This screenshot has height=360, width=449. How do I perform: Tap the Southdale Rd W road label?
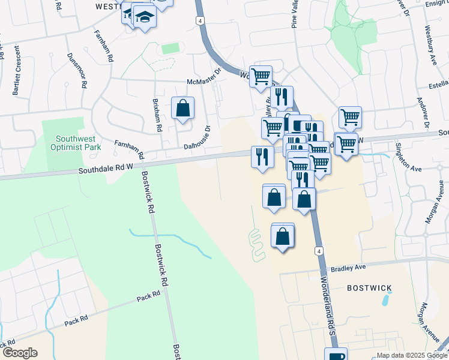(106, 169)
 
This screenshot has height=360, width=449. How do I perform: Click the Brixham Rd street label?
(158, 114)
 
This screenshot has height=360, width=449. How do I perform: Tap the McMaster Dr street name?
(204, 82)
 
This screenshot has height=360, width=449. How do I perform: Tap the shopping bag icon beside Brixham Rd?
(183, 109)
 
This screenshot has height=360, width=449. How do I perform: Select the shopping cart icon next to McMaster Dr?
(261, 77)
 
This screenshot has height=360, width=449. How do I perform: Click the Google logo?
(20, 352)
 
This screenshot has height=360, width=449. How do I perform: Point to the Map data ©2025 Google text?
(411, 355)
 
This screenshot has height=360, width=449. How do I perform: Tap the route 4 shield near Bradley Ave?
(318, 250)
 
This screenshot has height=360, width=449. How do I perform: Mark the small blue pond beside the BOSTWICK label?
(384, 299)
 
